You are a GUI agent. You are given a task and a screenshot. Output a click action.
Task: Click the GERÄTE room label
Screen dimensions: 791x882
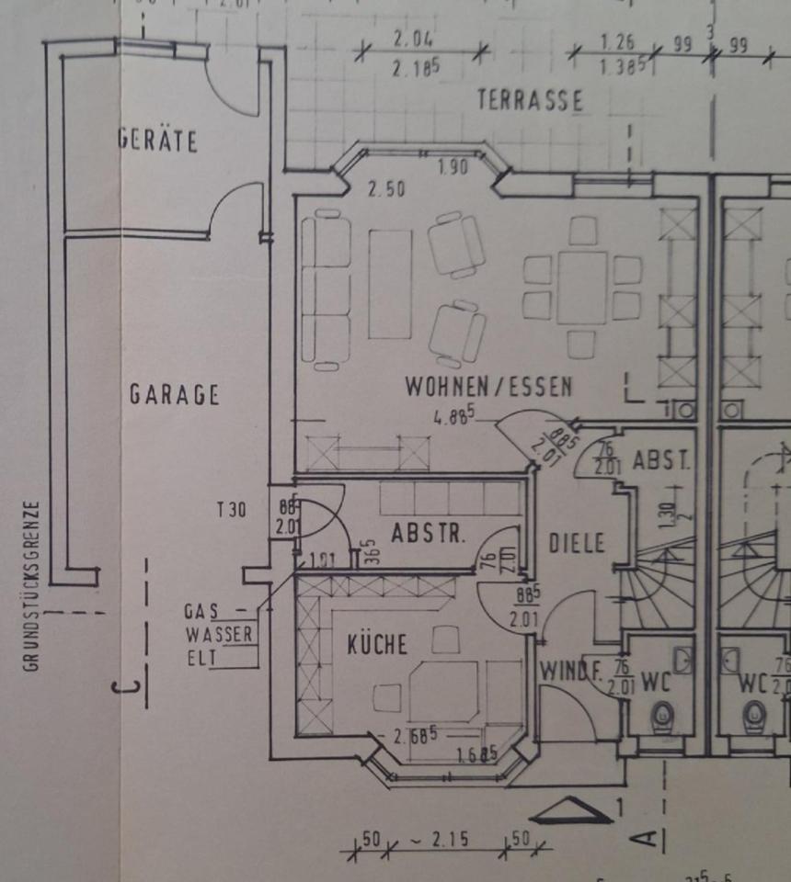point(158,141)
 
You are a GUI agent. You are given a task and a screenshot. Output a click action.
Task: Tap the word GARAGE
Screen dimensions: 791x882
point(174,395)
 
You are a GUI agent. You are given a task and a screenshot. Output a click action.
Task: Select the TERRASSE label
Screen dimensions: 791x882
point(530,100)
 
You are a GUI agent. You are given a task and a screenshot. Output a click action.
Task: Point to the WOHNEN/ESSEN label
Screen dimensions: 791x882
point(488,387)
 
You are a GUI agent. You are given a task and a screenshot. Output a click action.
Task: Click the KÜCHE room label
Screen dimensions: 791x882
point(377,644)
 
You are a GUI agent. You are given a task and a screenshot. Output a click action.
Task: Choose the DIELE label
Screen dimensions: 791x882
point(577,543)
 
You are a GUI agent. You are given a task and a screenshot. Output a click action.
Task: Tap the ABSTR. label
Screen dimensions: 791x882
point(428,534)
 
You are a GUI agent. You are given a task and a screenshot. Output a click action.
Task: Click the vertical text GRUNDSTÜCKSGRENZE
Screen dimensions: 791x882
point(32,585)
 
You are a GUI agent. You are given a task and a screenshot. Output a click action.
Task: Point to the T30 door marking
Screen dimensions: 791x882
point(232,511)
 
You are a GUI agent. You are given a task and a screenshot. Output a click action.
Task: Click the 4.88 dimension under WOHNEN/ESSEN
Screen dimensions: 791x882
point(454,416)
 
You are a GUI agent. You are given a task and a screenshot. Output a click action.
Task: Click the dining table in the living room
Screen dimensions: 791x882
point(581,288)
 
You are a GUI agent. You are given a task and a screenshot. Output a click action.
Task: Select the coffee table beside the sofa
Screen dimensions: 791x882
point(390,284)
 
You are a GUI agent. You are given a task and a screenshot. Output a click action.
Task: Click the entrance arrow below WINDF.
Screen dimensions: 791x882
point(572,810)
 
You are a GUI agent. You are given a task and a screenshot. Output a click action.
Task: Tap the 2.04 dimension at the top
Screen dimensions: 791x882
point(413,40)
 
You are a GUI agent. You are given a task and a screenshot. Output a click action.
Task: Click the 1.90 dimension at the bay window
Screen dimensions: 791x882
point(453,167)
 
